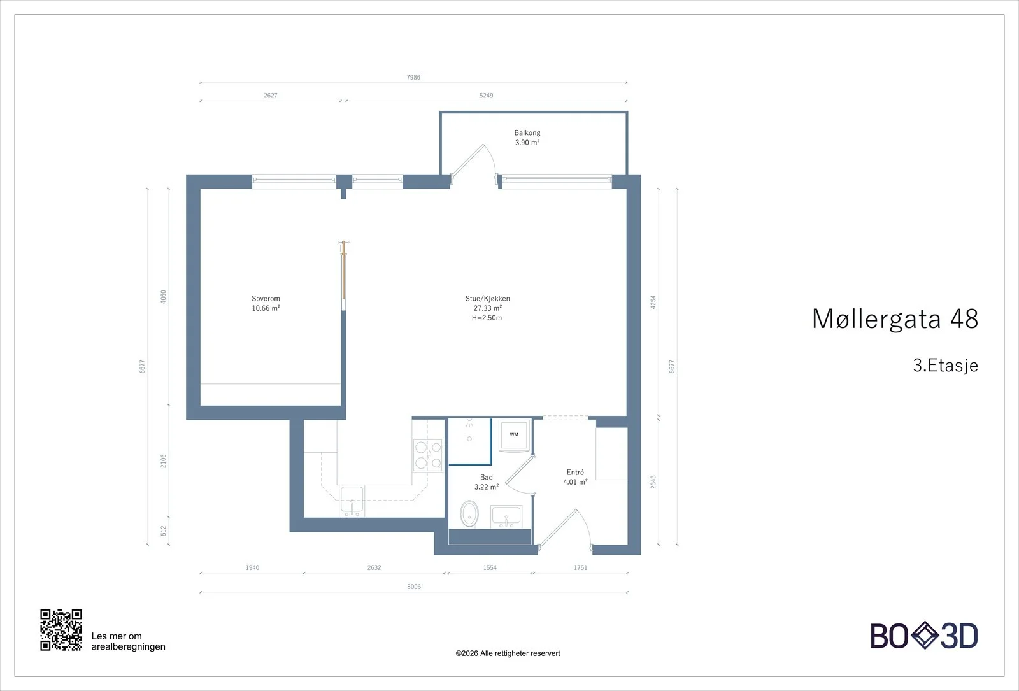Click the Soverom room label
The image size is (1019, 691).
tap(266, 303)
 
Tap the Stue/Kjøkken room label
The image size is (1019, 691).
tap(487, 308)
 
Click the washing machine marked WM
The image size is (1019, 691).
tap(514, 435)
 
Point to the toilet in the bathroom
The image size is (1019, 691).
tap(469, 514)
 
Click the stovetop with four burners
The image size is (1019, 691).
tap(428, 455)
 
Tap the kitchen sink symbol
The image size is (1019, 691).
tap(352, 501)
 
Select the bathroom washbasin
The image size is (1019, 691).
tap(506, 516)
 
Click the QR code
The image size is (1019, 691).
tap(61, 630)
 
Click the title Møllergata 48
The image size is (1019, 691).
tap(895, 318)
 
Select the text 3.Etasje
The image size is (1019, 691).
tap(945, 366)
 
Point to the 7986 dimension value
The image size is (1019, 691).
tap(413, 77)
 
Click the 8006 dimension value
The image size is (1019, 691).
tap(413, 587)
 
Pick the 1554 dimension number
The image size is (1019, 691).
tap(490, 567)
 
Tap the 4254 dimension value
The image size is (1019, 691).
tap(653, 302)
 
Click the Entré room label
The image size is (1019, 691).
tap(575, 477)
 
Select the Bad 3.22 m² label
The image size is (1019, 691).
tap(487, 482)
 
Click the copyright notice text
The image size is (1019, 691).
tap(508, 653)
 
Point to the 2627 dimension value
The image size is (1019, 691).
tap(270, 96)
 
